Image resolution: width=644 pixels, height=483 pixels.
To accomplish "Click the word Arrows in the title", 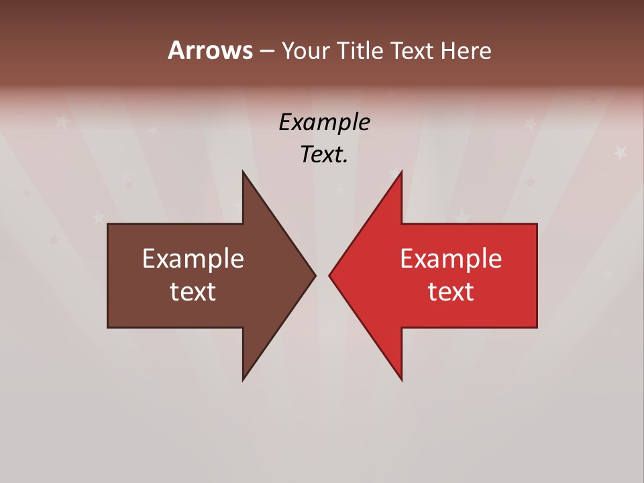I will [210, 51].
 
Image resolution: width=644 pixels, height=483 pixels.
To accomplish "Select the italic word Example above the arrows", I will [324, 123].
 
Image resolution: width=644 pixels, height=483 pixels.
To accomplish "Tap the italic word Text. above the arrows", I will [324, 155].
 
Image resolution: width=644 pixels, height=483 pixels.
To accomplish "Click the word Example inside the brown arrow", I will [193, 258].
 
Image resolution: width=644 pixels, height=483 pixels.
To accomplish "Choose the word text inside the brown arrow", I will [193, 292].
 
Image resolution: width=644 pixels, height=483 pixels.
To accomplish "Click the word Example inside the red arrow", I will [451, 258].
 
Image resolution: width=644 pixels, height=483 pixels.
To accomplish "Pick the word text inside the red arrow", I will [451, 292].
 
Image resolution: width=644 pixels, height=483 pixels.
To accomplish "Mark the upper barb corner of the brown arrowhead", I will [243, 172].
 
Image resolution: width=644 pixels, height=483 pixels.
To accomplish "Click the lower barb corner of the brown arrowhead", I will [243, 380].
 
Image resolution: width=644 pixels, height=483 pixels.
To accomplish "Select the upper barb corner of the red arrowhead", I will [401, 172].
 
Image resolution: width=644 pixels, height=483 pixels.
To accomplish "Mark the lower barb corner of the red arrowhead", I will [401, 380].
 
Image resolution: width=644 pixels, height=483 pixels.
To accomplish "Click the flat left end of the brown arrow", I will [108, 275].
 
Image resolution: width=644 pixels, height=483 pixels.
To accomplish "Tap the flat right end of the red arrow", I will [537, 275].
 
